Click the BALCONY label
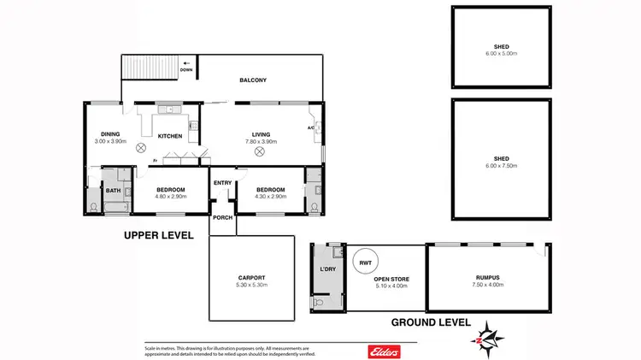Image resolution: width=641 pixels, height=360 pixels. (253, 80)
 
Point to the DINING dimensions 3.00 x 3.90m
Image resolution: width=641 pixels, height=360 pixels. (110, 141)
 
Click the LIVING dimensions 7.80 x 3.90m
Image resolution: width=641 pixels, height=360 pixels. (261, 141)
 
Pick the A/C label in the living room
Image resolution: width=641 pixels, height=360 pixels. (311, 128)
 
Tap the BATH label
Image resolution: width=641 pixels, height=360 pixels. (113, 191)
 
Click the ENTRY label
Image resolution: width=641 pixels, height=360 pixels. (222, 182)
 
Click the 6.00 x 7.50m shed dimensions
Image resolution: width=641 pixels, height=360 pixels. (501, 166)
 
